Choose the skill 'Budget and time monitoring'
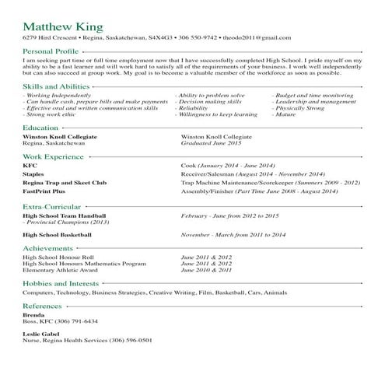(x=313, y=95)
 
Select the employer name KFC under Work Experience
(x=30, y=166)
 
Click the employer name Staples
(x=33, y=175)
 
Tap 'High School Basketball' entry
(x=58, y=234)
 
